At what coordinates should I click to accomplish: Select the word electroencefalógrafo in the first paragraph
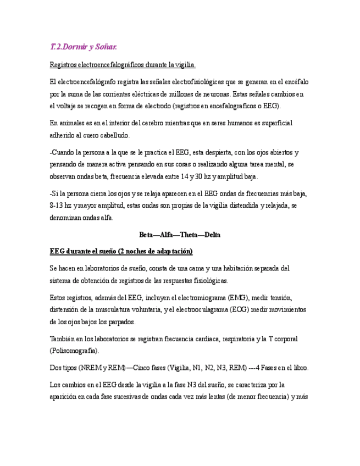tap(84, 82)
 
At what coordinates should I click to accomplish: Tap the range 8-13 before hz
tap(58, 206)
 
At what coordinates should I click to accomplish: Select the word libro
tap(297, 368)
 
